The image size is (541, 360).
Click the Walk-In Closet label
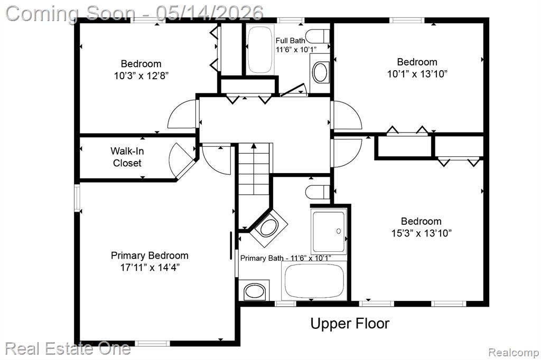coord(127,157)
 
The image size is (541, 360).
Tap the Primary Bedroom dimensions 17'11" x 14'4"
coord(150,267)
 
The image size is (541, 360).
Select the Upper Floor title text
coord(350,324)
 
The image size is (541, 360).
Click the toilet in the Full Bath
coord(318,35)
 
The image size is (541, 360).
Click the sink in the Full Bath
coord(320,72)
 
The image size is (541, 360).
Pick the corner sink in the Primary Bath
coord(269,228)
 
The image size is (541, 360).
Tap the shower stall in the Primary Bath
coord(329,232)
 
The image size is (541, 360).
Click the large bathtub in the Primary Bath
coord(314,280)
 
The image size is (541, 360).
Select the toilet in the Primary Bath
coord(318,192)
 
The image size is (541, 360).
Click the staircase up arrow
coord(254,168)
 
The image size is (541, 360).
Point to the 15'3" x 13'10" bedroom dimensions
coord(421,233)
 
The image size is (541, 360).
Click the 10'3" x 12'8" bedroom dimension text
coord(141,75)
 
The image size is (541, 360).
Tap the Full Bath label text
coord(290,41)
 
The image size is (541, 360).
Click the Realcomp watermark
coord(514,353)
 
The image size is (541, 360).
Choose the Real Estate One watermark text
coord(68,348)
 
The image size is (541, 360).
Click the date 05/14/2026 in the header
coord(209,13)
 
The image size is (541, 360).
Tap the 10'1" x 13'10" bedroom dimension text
coord(417,74)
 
